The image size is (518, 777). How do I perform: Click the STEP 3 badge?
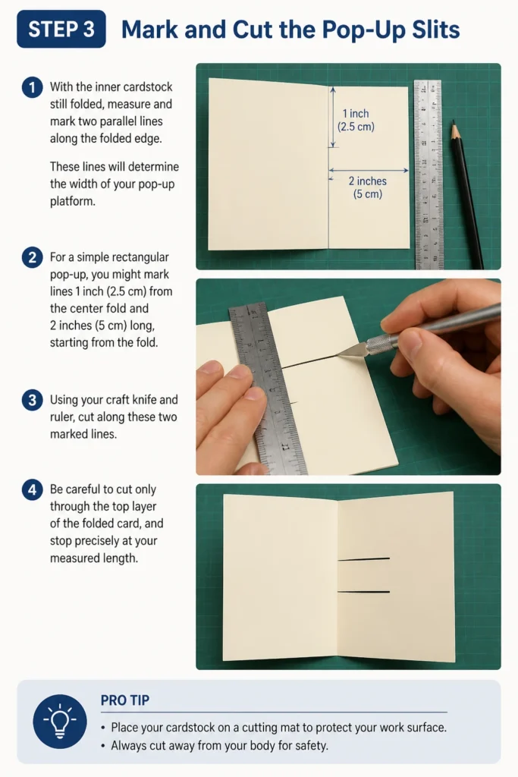(61, 30)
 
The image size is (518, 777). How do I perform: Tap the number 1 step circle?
(32, 88)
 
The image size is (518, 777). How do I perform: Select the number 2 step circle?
(32, 258)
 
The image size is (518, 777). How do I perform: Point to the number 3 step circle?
(32, 400)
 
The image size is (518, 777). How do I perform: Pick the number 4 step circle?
(32, 490)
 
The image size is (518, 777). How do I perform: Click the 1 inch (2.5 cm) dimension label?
(356, 120)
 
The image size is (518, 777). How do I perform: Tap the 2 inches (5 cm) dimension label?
(367, 187)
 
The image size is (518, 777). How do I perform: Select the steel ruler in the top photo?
(429, 175)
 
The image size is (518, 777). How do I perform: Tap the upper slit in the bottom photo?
(363, 559)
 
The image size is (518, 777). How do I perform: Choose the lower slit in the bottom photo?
(363, 592)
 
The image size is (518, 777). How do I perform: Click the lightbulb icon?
(59, 721)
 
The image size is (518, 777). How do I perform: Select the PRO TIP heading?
(125, 700)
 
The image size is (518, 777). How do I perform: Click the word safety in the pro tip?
(310, 746)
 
